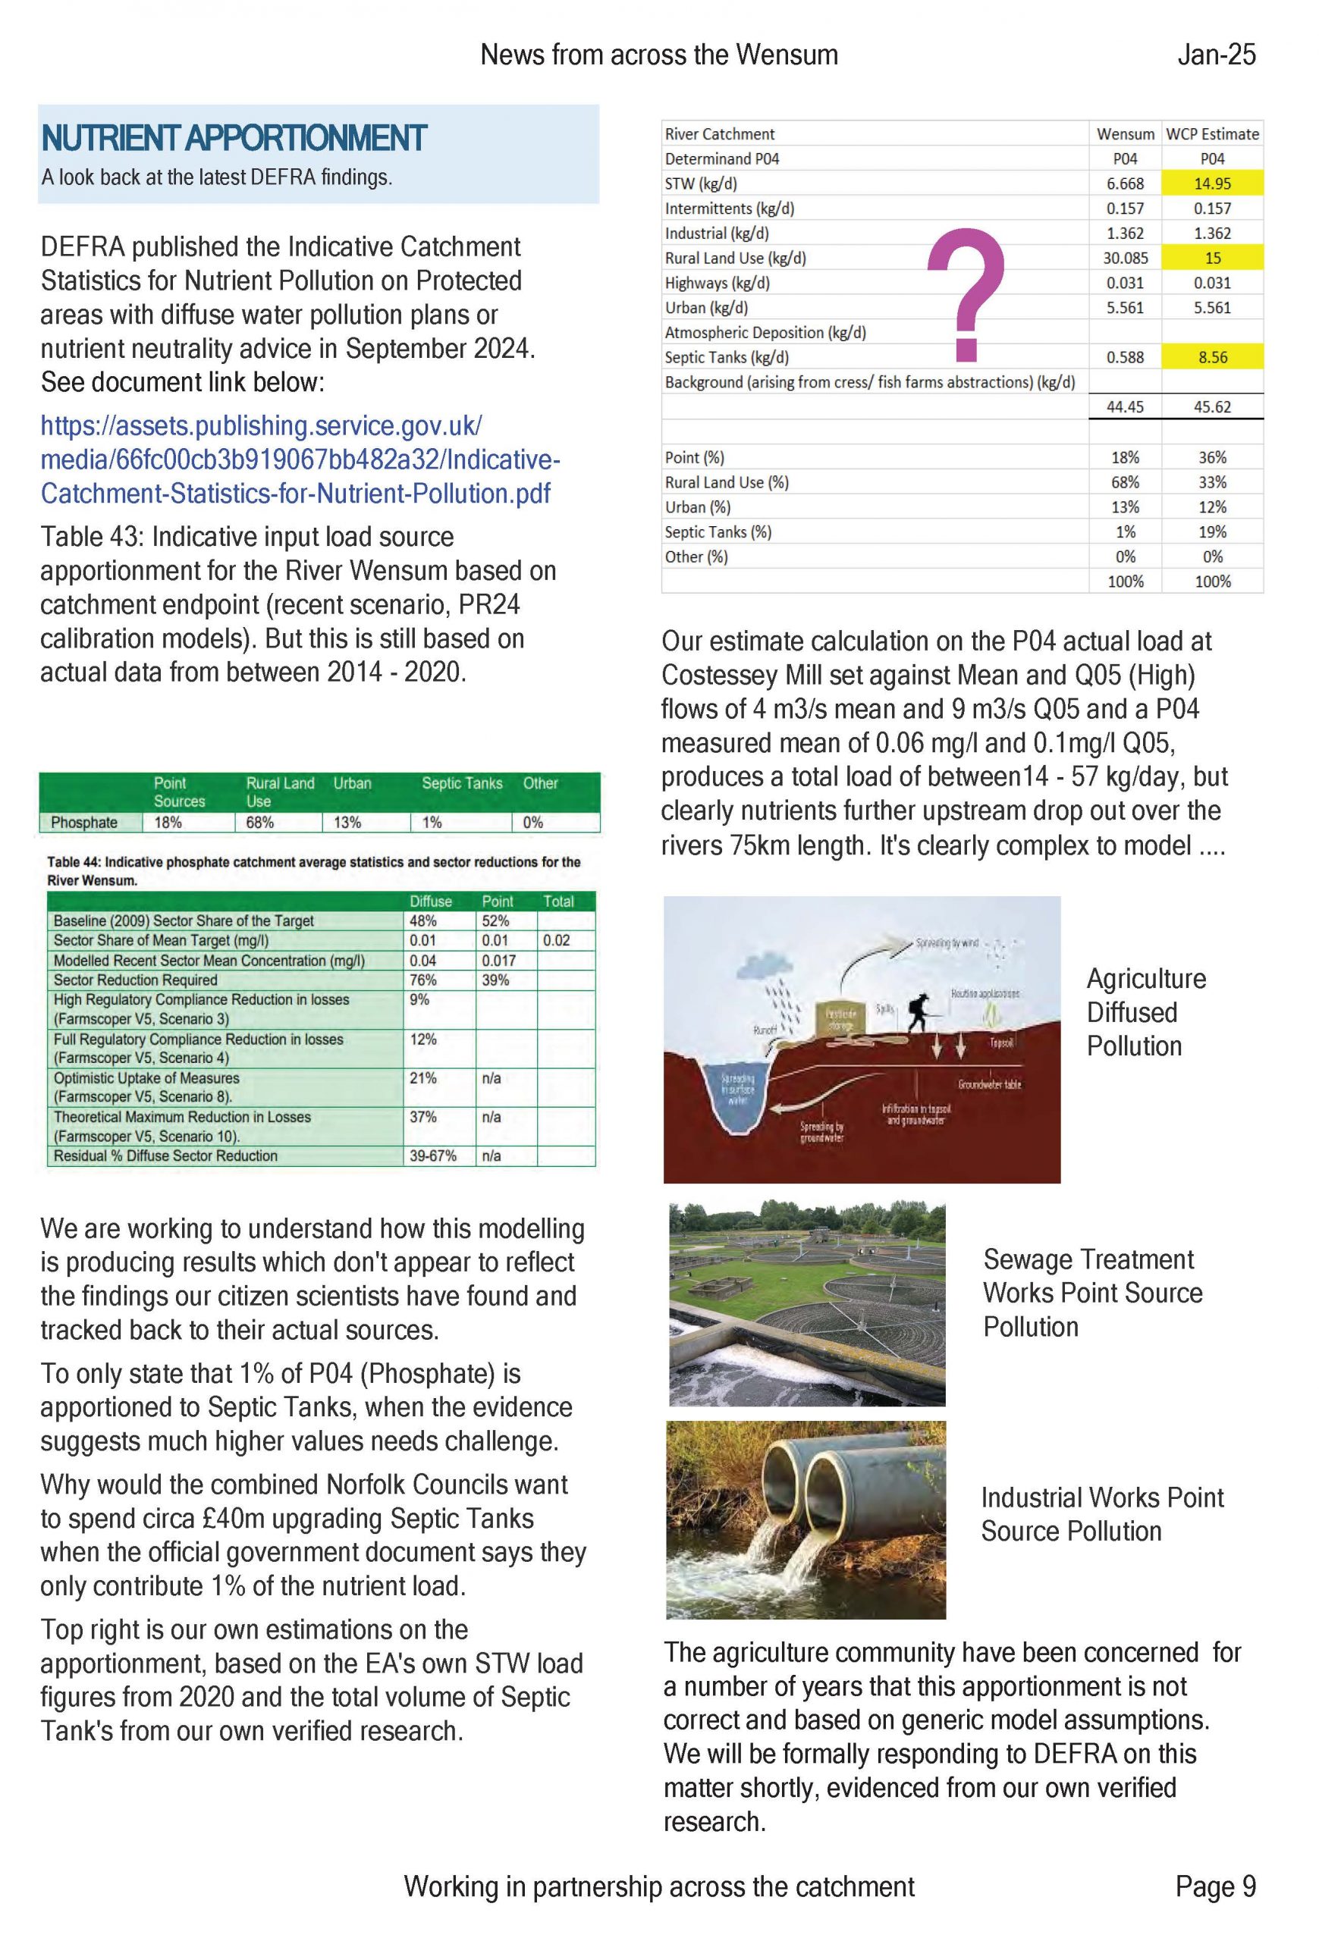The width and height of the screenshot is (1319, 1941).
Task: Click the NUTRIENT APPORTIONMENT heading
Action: click(x=234, y=138)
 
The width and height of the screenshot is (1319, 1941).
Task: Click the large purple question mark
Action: click(x=966, y=294)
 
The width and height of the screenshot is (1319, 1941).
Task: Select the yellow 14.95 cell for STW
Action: click(x=1211, y=183)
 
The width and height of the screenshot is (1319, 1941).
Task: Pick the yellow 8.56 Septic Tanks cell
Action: click(x=1211, y=357)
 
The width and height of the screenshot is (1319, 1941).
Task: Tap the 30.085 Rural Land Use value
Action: click(x=1124, y=258)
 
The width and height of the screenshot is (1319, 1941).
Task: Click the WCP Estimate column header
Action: click(x=1211, y=133)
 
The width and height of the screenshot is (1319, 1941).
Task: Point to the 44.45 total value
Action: click(x=1124, y=406)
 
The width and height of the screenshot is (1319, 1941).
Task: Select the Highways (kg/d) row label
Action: click(x=717, y=283)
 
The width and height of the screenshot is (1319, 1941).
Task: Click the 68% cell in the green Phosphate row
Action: click(x=260, y=823)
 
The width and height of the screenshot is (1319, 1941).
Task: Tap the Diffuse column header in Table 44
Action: click(x=430, y=902)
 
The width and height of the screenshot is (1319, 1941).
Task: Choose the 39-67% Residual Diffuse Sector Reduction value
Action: click(x=432, y=1156)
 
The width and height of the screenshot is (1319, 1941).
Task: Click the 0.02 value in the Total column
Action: click(x=556, y=940)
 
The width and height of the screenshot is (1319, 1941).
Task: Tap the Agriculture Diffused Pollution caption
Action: click(x=1145, y=1012)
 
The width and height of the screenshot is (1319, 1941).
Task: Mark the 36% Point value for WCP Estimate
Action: click(x=1211, y=458)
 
